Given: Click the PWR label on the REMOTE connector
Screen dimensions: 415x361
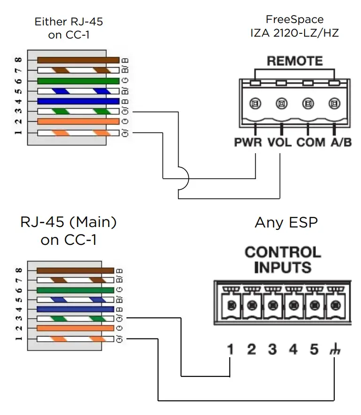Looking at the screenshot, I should click(248, 142).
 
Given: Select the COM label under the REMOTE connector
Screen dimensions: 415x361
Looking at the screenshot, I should click(311, 142).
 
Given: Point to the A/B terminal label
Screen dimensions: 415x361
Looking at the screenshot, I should click(340, 142).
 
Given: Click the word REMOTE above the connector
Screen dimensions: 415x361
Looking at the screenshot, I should click(295, 61).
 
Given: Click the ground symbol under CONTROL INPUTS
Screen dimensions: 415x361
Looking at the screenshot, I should click(334, 350).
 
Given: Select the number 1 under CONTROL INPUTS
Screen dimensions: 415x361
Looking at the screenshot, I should click(230, 350).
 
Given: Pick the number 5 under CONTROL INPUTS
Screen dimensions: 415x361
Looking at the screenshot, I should click(314, 350).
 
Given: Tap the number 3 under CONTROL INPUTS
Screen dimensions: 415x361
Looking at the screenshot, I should click(272, 350).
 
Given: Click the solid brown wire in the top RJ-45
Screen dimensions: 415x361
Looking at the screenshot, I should click(78, 60).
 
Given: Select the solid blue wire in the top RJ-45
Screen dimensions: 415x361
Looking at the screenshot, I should click(78, 101).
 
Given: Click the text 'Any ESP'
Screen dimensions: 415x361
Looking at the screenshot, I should click(286, 222).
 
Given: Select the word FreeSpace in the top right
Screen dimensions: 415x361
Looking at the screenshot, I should click(295, 20).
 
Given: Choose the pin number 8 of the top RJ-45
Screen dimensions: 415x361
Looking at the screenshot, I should click(18, 60).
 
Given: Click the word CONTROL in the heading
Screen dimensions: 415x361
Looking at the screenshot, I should click(283, 252).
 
